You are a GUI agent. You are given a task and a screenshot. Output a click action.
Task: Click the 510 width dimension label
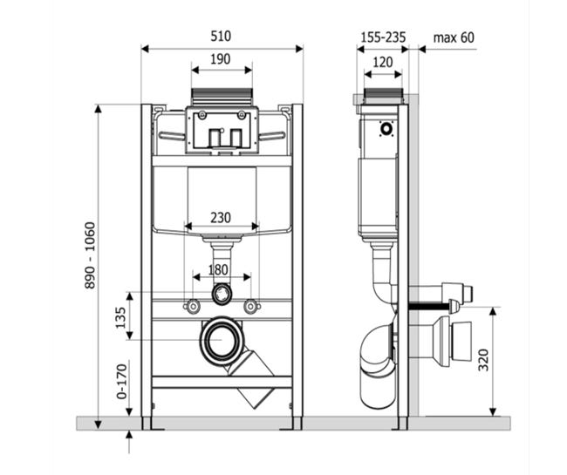point(221,36)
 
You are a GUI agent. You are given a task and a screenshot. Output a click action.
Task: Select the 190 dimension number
point(221,59)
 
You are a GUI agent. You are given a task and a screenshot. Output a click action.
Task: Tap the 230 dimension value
point(221,218)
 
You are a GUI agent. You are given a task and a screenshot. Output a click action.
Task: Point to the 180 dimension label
point(218,269)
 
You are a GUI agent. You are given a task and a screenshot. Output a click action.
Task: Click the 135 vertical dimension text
point(120,317)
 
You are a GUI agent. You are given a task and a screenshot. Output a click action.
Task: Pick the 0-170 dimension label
point(122,381)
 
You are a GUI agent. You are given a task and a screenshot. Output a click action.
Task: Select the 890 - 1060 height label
point(90,255)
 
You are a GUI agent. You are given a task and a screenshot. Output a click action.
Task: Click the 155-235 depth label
point(383,37)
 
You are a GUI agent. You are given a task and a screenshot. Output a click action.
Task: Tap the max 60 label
point(454,37)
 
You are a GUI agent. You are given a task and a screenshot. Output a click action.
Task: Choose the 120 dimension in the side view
point(383,62)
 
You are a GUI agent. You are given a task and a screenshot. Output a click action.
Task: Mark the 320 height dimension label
point(483,360)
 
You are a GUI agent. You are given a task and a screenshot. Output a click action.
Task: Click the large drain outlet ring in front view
point(222,341)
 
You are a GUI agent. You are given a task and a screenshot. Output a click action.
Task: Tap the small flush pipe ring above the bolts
point(222,294)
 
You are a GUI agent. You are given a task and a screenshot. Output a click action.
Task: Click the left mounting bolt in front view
point(193,307)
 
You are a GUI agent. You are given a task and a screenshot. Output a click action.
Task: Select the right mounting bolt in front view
point(251,307)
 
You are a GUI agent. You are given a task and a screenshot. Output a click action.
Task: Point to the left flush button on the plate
point(214,138)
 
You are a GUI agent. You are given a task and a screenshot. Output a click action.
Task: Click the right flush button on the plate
point(236,138)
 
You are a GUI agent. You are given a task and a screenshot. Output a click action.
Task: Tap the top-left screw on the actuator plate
point(202,115)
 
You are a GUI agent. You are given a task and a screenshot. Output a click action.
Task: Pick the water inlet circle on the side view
point(386,129)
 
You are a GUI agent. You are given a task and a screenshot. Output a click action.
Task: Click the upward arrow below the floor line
point(129,442)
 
